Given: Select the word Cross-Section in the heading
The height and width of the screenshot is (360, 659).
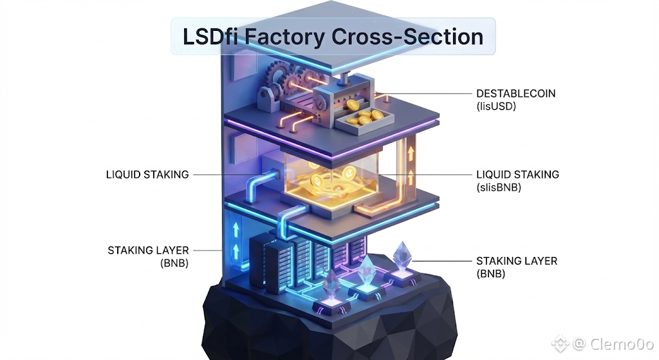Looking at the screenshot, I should tap(407, 36).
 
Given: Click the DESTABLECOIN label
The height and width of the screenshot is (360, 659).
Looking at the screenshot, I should tap(515, 93).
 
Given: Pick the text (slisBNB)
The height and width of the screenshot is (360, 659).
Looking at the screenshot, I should tap(499, 188).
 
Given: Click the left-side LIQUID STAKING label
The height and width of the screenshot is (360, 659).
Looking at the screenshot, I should tap(147, 175).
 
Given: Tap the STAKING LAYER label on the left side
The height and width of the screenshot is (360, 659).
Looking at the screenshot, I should tap(148, 250).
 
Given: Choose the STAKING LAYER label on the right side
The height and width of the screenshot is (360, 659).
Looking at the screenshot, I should tap(516, 261).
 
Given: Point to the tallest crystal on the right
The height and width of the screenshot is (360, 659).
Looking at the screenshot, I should tap(403, 256).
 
